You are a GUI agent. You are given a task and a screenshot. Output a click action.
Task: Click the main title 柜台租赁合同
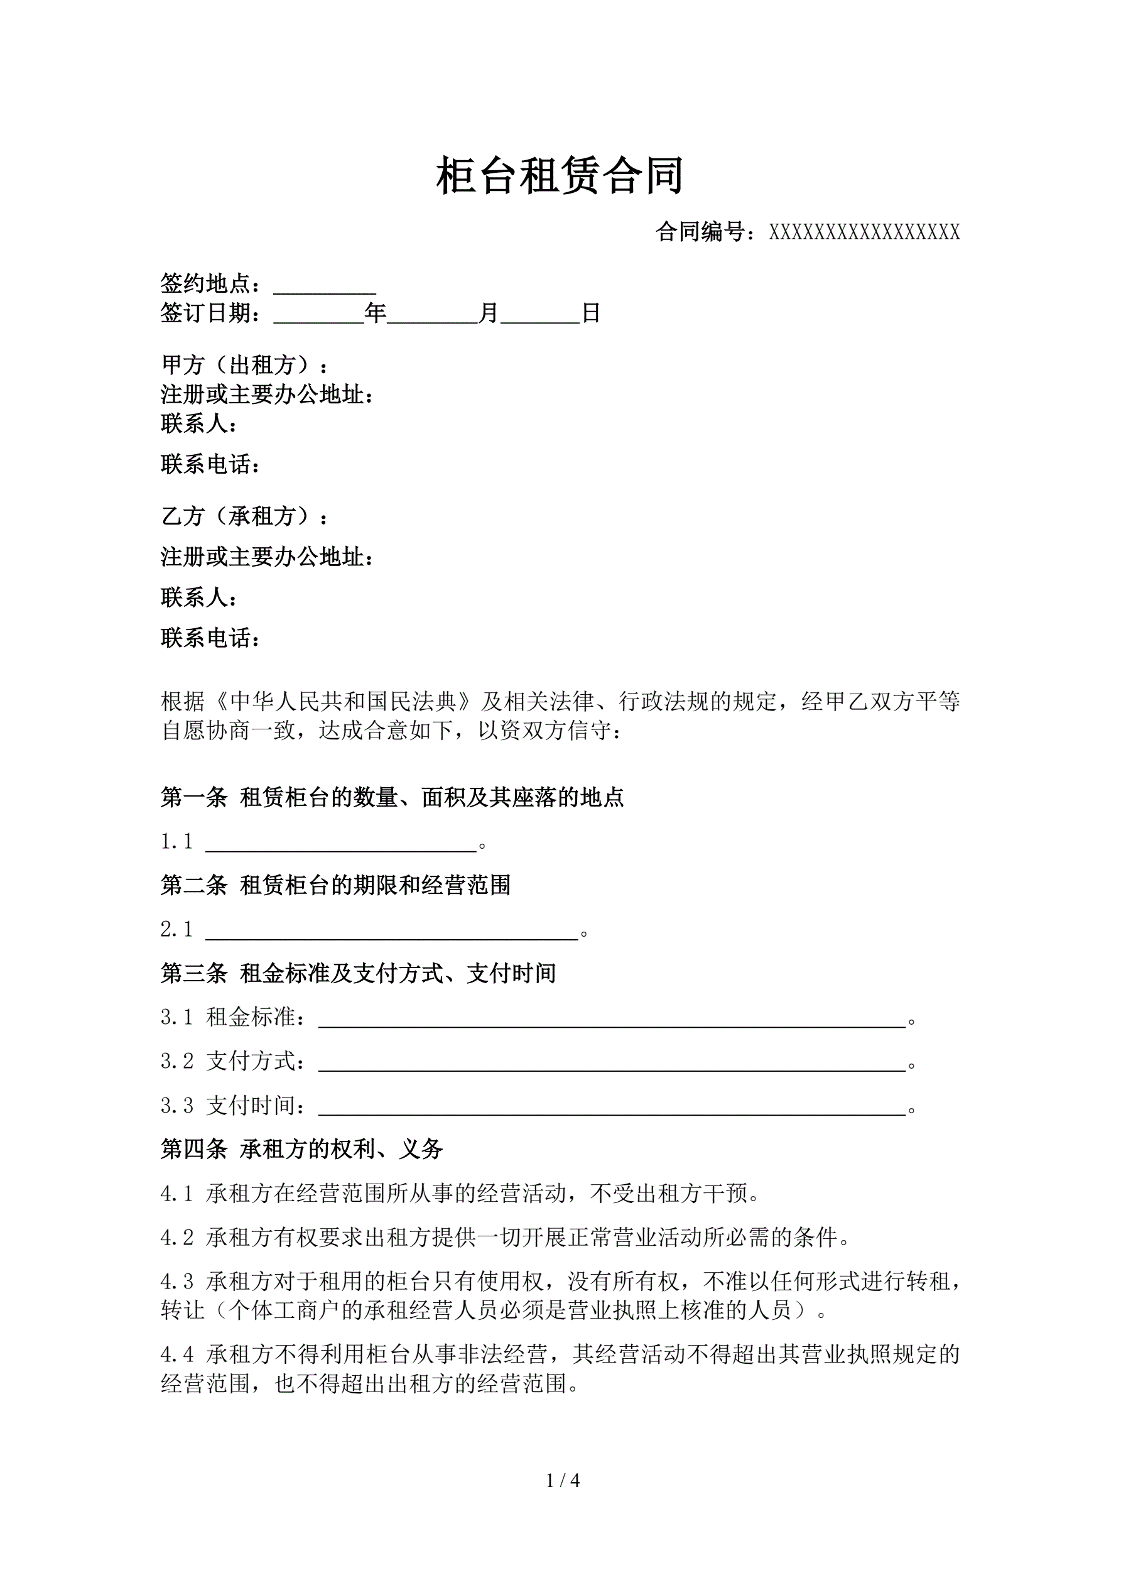(x=560, y=176)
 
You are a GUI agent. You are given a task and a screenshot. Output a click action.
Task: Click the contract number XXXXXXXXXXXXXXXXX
(x=864, y=232)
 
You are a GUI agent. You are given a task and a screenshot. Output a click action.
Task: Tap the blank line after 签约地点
(x=325, y=286)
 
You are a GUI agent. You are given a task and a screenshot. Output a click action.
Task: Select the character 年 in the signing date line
(x=376, y=313)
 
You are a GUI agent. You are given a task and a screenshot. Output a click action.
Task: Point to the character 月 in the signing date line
(x=489, y=313)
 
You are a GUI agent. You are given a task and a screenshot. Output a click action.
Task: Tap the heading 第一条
(x=194, y=798)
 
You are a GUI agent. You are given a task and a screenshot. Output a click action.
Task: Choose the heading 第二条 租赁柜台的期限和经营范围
(x=335, y=885)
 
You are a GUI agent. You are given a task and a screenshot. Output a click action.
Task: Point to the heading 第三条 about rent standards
(x=358, y=973)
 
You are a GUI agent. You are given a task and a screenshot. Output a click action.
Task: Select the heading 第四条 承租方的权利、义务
(x=301, y=1150)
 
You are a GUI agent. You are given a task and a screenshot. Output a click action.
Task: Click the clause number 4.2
(x=177, y=1238)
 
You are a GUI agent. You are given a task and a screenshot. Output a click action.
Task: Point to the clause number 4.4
(x=177, y=1355)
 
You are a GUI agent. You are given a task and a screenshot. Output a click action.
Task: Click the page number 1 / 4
(x=563, y=1480)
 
